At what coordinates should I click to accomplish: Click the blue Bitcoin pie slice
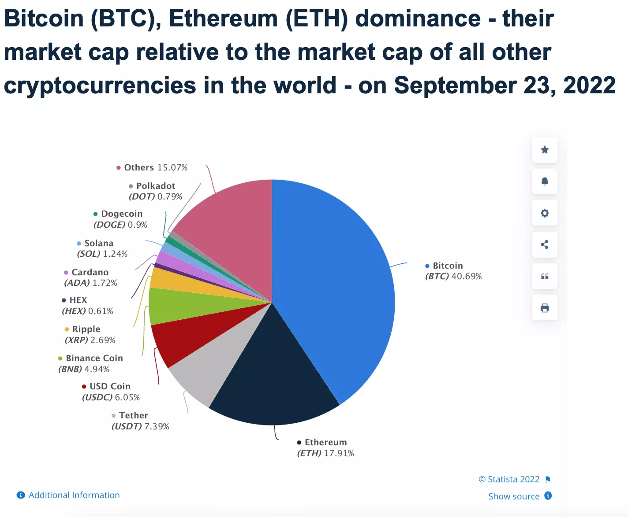tap(335, 282)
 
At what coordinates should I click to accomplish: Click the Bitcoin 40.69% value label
tap(467, 277)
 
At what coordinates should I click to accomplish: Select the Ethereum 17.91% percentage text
tap(339, 454)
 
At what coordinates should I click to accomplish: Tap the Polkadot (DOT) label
tap(155, 186)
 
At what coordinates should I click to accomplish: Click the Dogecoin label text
tap(122, 214)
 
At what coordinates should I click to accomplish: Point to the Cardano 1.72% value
tap(105, 283)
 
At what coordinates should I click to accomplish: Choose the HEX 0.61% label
tap(101, 311)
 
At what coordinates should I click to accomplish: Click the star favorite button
tap(545, 150)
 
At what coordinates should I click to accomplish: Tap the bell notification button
tap(545, 181)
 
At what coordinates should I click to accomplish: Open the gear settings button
tap(545, 213)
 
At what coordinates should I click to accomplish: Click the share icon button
tap(545, 245)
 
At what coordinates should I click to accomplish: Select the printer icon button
tap(545, 308)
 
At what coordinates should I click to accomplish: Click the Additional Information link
tap(74, 495)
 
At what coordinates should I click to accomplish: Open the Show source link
tap(514, 496)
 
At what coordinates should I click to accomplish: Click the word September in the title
tap(455, 85)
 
